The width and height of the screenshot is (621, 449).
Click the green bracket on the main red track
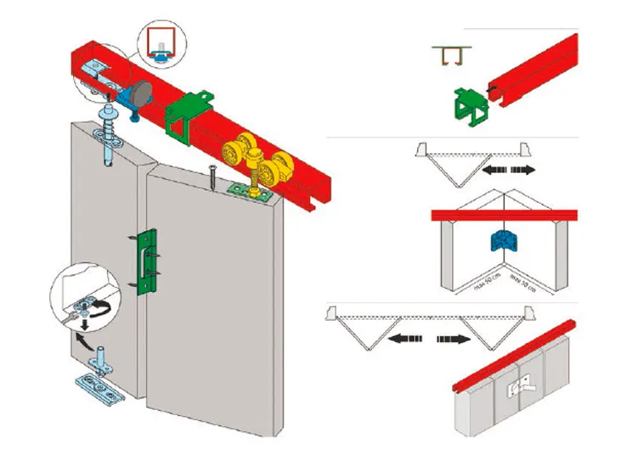point(186,115)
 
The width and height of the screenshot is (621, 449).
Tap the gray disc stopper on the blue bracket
point(139,91)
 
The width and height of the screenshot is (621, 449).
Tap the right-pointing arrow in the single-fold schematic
point(523,171)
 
